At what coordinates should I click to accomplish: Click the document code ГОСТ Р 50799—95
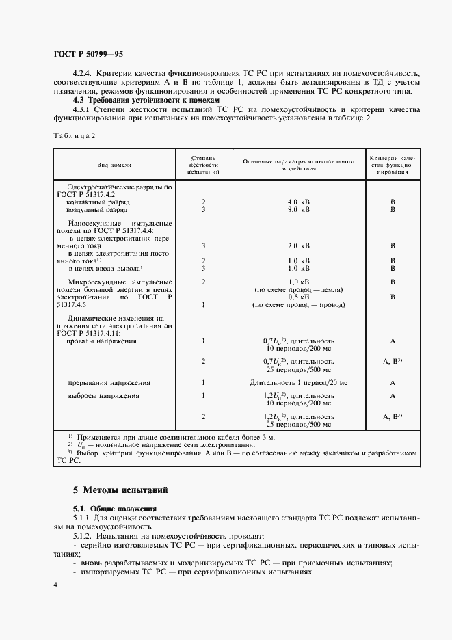point(88,53)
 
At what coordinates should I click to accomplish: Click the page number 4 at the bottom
point(55,585)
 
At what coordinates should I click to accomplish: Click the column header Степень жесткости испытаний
point(203,165)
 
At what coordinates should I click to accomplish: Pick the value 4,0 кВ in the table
point(298,202)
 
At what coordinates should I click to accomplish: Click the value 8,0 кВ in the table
point(298,210)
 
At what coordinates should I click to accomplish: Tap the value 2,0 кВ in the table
point(298,245)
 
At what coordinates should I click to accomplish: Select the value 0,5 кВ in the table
point(298,297)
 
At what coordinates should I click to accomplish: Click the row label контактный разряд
point(98,202)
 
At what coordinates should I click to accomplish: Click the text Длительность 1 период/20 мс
point(298,383)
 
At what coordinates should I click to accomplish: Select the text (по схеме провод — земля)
point(298,289)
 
